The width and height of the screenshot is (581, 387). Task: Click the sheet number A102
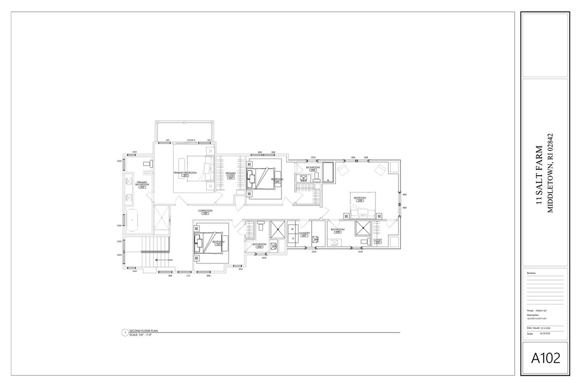(x=545, y=358)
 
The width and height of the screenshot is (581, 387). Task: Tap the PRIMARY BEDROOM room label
(x=185, y=173)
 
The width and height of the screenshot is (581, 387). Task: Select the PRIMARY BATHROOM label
(x=142, y=184)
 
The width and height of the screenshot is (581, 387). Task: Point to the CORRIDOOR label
(x=205, y=211)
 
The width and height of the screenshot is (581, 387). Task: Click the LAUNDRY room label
(x=304, y=233)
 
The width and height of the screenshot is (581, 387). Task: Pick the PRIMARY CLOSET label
(x=231, y=174)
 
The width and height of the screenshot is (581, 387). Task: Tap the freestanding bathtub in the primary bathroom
(x=132, y=219)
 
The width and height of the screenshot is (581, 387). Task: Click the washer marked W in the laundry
(x=293, y=229)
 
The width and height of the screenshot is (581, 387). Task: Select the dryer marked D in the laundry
(x=293, y=238)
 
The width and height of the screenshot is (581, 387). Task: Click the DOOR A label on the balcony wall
(x=191, y=140)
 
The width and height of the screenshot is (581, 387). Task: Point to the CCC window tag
(x=188, y=276)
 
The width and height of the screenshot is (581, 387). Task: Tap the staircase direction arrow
(x=160, y=260)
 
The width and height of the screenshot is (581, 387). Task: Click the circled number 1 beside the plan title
(x=125, y=332)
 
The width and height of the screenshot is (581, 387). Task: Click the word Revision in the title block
(x=531, y=273)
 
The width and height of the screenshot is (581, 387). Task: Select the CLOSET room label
(x=378, y=240)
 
